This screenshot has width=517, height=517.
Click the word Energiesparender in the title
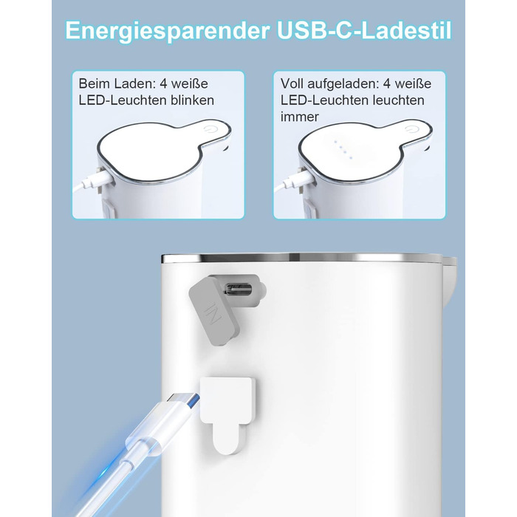(x=168, y=31)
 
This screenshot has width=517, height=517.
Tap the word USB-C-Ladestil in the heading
(x=364, y=30)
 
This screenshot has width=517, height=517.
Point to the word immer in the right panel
(x=300, y=117)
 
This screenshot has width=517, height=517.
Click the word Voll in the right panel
(x=292, y=83)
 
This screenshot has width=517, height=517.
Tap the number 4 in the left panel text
(x=164, y=83)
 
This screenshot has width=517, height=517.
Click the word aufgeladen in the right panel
(x=343, y=84)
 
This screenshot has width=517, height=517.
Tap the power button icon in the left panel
(x=208, y=129)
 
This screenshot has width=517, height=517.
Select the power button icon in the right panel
(x=409, y=129)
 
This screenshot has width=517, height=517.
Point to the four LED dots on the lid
(x=343, y=149)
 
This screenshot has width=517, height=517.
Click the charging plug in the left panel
(x=95, y=180)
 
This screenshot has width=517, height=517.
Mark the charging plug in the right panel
(x=296, y=180)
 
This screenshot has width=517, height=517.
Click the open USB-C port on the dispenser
(x=239, y=290)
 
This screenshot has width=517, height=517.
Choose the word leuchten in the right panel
(x=399, y=100)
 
